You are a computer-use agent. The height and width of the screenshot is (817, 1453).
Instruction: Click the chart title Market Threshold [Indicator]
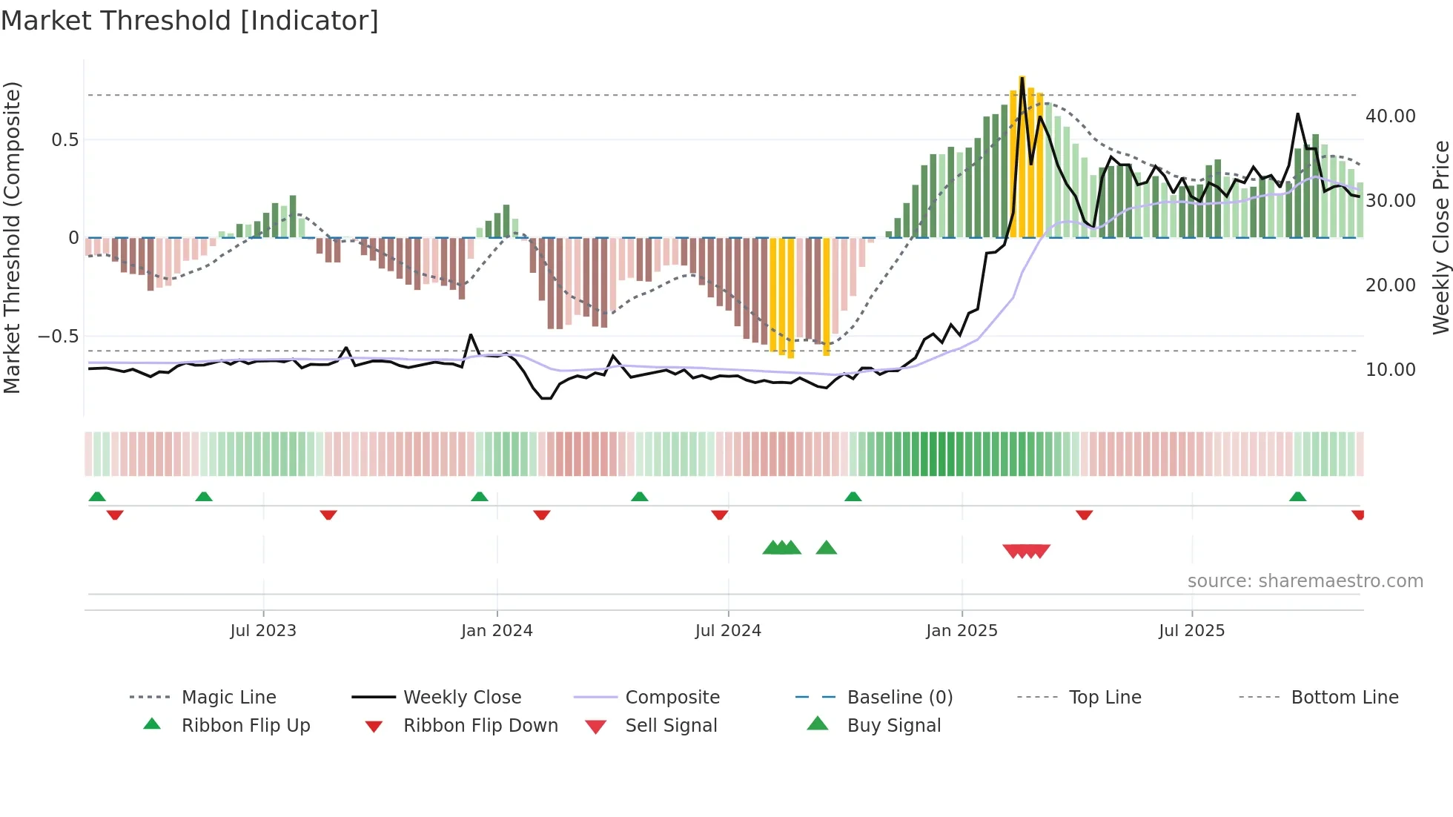pos(190,21)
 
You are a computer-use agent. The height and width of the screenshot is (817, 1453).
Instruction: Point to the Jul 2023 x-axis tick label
pos(263,631)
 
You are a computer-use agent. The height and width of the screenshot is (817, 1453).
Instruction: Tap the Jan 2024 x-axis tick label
pos(497,631)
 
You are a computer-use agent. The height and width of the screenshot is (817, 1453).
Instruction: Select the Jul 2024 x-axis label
pos(728,631)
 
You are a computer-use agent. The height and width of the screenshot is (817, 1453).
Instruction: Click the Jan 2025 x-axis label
pos(962,631)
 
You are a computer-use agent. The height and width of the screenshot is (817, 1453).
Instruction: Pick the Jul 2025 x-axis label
pos(1192,631)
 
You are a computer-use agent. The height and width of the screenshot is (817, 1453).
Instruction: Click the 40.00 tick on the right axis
pos(1390,116)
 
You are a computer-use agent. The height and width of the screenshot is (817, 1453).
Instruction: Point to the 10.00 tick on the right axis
pos(1390,370)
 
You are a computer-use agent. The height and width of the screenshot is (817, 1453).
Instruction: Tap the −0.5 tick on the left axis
pos(58,337)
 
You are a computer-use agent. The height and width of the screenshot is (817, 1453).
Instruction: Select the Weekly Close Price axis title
pos(1440,237)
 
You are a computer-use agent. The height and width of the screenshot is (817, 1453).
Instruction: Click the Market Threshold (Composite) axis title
pos(12,237)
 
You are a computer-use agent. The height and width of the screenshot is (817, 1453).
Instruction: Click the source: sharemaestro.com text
pos(1305,581)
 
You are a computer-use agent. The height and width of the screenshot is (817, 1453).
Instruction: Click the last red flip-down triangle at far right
pos(1357,515)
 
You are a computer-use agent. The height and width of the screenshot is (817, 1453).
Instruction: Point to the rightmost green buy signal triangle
pos(826,548)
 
